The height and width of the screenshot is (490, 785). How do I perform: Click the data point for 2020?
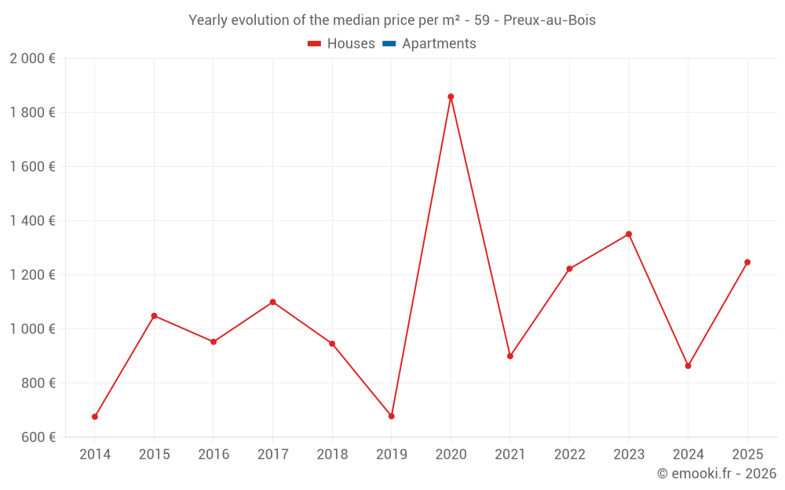(451, 96)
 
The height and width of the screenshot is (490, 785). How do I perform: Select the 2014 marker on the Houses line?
(95, 416)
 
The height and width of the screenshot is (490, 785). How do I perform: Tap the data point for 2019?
(391, 416)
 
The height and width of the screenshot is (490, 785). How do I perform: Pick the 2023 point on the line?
(629, 234)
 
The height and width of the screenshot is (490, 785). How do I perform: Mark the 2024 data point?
(688, 365)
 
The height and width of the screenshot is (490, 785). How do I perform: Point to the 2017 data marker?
(272, 302)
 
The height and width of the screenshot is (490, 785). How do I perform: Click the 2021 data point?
(510, 356)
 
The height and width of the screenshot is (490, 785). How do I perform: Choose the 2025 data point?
(747, 262)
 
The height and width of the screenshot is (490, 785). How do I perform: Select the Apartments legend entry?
(439, 44)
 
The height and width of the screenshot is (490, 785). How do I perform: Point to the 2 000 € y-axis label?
(32, 59)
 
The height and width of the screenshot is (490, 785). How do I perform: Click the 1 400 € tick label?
(32, 221)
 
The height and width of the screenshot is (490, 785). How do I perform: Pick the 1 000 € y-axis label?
(32, 329)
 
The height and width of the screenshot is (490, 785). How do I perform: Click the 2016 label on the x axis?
(214, 455)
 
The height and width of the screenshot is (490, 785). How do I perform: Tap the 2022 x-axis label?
(569, 455)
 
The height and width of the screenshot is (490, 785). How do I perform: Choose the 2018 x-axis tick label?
(332, 455)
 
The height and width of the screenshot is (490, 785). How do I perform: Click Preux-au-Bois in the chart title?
(549, 20)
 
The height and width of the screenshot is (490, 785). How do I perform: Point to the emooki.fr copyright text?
(716, 474)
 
